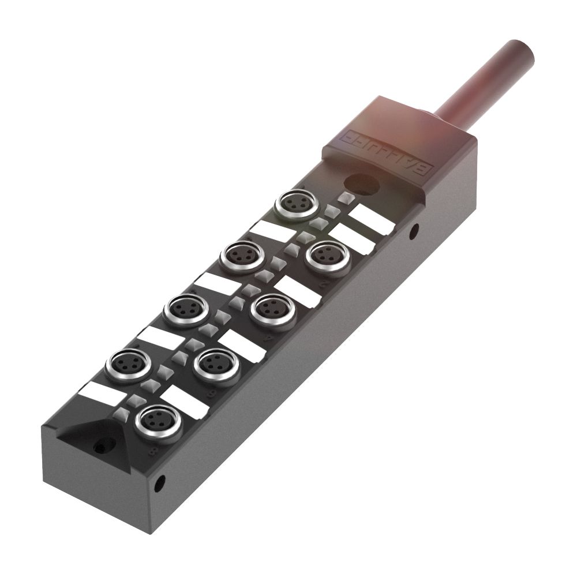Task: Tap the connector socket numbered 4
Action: click(x=273, y=309)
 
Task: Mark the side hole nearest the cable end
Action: click(x=413, y=233)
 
